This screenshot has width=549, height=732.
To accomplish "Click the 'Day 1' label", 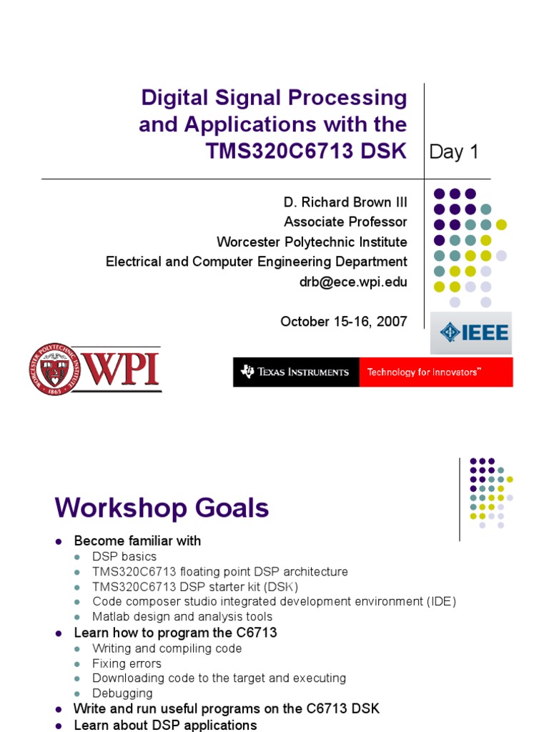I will click(x=453, y=152).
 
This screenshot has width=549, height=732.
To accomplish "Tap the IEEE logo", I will click(x=471, y=333).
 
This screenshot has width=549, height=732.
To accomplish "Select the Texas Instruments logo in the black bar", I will click(x=295, y=372).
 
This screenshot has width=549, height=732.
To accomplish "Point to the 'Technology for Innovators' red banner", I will click(x=436, y=372).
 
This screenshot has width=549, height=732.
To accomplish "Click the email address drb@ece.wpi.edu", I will click(x=353, y=282).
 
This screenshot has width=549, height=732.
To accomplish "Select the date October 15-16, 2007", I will click(x=344, y=322).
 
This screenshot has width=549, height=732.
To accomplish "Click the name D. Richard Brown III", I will click(x=345, y=202).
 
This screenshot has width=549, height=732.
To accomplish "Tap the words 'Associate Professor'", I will click(x=345, y=222).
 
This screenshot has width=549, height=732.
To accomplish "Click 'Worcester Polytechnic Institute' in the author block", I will click(x=312, y=242).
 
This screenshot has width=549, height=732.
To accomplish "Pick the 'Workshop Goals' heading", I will click(x=162, y=508).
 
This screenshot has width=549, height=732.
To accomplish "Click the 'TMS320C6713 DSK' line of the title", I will click(x=305, y=151).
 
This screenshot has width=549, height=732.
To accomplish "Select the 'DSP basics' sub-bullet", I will click(x=124, y=556).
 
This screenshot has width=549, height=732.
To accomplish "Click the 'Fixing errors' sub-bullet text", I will click(x=127, y=663).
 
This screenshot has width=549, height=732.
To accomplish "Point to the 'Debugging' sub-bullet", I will click(x=122, y=693).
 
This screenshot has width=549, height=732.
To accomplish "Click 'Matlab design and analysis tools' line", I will click(x=182, y=616).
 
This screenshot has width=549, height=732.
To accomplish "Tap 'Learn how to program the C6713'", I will click(x=175, y=633).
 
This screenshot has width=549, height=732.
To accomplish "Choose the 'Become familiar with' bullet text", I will click(x=137, y=541).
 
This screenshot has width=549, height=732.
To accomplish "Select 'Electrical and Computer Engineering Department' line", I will click(x=257, y=262).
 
